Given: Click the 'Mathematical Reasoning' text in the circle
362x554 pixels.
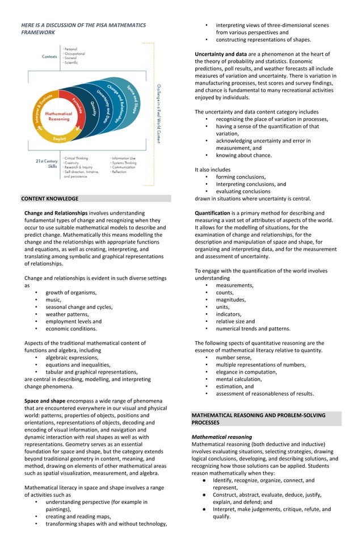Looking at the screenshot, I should [59, 116].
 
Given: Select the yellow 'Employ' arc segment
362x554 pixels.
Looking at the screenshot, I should [59, 138].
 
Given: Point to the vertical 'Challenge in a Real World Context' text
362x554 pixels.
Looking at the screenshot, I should [158, 114].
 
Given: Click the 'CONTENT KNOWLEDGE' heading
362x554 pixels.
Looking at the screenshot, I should [50, 199].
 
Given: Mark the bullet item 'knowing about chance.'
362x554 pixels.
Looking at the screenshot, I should [243, 155].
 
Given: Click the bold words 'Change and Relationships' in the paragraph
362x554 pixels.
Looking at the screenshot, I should [56, 213].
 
